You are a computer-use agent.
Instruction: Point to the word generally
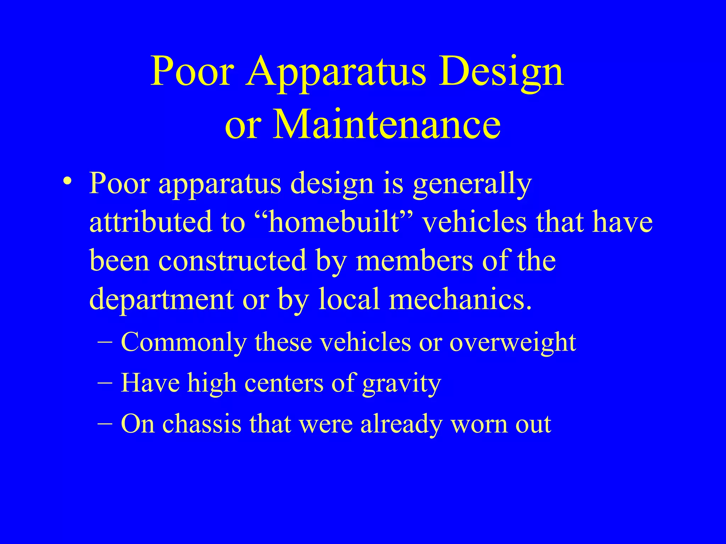(x=472, y=184)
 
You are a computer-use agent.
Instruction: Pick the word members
(x=414, y=261)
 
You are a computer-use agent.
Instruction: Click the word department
(x=161, y=300)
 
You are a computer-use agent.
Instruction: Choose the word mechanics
(x=460, y=299)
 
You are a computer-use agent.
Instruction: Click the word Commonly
(x=184, y=343)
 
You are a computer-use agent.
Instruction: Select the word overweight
(x=513, y=343)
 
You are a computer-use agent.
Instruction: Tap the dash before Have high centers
(x=105, y=383)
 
